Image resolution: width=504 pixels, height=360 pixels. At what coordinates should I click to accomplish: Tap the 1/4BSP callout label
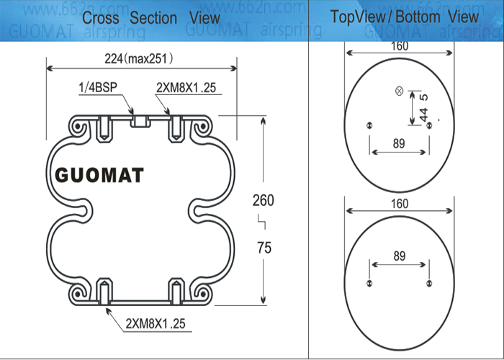coord(99,89)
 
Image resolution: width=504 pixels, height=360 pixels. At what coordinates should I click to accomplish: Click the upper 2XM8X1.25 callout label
coord(186,89)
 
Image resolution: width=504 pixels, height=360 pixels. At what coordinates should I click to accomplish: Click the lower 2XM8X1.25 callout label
coord(156,323)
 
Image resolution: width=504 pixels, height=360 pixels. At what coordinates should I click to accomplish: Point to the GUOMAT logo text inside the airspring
coord(99,175)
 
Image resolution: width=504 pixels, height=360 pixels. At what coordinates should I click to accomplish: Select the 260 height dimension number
coord(263,201)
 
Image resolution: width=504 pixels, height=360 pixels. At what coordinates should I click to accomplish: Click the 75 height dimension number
coord(264,248)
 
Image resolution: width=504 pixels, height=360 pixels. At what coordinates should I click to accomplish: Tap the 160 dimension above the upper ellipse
coord(400,47)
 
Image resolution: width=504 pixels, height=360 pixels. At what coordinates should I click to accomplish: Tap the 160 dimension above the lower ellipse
coord(400,204)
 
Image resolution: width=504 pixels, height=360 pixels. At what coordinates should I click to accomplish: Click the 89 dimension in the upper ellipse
coord(400,143)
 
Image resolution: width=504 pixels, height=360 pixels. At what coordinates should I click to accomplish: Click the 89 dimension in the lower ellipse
coord(400,256)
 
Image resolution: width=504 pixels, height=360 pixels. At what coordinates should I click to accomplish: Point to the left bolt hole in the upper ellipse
coord(369,125)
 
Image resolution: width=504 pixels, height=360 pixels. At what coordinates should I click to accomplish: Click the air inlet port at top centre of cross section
coord(139,120)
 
